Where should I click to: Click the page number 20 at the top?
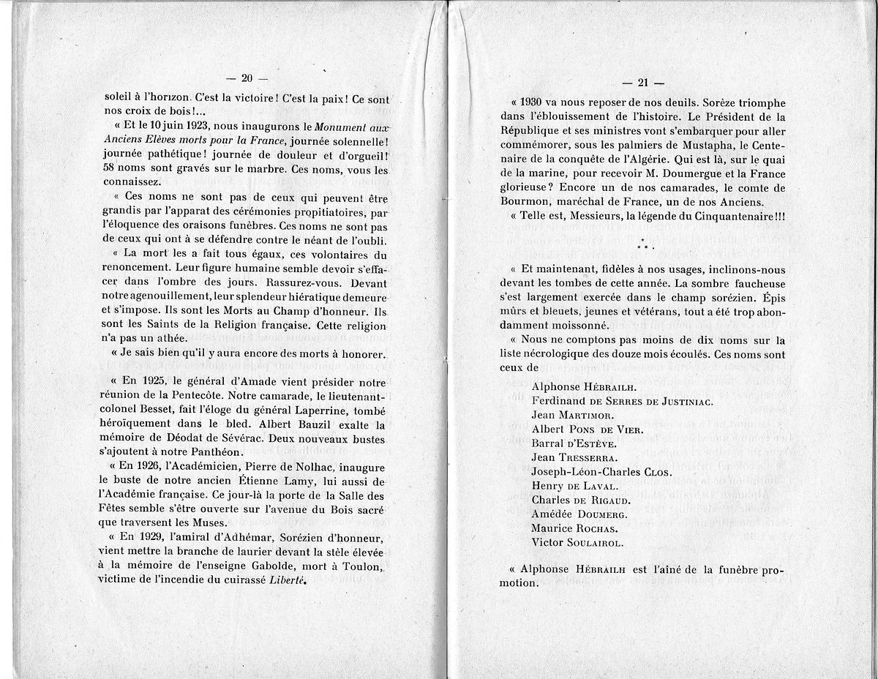247,79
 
